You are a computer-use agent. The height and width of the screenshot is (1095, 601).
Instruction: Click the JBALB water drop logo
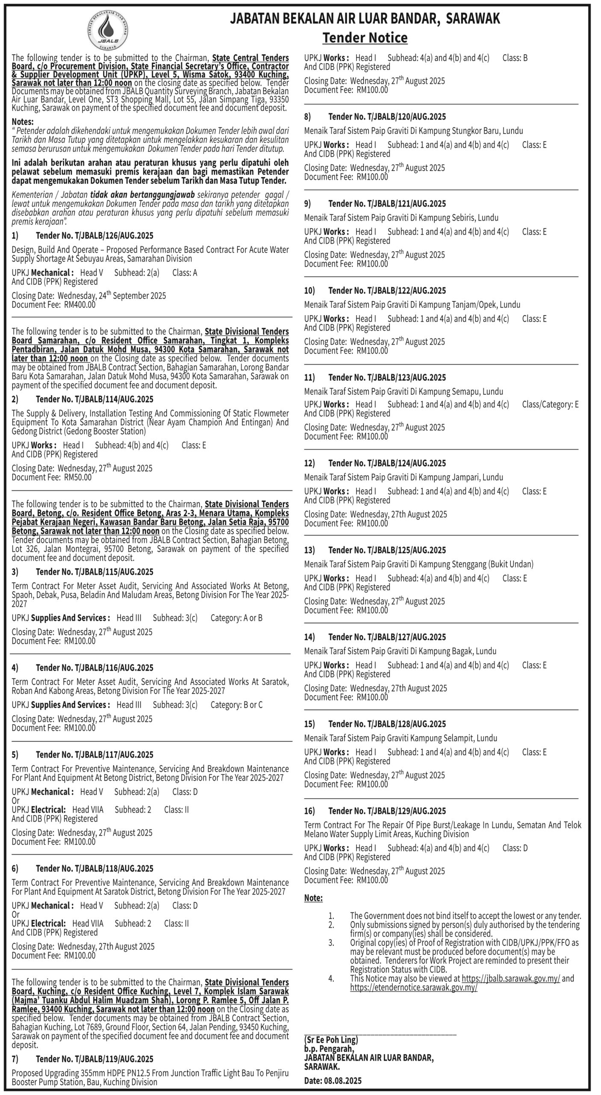109,31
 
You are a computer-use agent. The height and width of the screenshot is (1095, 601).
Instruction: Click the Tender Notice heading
365,38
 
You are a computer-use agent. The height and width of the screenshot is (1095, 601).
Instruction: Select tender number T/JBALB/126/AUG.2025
94,236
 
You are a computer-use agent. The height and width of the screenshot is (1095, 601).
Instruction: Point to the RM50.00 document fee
77,477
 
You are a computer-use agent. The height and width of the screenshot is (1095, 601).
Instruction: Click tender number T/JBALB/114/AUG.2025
94,399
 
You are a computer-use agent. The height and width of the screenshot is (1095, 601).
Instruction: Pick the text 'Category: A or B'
236,618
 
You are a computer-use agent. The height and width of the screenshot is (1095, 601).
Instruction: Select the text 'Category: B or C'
236,704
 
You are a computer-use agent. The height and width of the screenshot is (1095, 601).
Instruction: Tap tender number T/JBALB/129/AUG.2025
387,811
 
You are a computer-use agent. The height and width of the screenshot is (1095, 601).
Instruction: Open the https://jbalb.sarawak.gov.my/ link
511,990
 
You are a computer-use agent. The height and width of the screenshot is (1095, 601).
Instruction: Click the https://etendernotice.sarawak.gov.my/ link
413,999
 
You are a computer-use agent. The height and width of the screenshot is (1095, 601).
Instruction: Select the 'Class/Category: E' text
550,404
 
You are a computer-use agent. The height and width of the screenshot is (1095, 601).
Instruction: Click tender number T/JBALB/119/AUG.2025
94,1059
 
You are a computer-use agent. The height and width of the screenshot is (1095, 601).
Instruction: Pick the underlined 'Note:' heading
313,898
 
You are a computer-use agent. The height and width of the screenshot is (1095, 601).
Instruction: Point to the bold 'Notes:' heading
23,121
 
